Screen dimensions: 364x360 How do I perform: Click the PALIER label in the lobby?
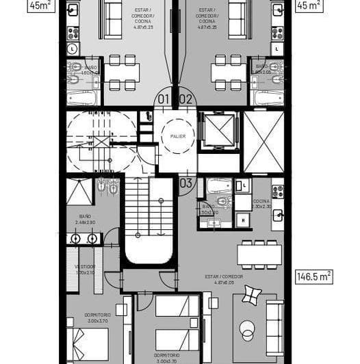pyautogui.click(x=178, y=137)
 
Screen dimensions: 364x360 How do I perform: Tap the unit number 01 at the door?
pyautogui.click(x=163, y=99)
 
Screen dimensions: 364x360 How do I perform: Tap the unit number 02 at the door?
pyautogui.click(x=185, y=99)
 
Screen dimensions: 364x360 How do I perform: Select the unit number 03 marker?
pyautogui.click(x=186, y=183)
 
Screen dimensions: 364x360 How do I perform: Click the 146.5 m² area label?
pyautogui.click(x=314, y=277)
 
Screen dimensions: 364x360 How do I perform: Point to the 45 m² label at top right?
pyautogui.click(x=310, y=6)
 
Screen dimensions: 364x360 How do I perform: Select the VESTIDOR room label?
pyautogui.click(x=86, y=270)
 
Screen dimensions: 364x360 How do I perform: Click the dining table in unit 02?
pyautogui.click(x=227, y=71)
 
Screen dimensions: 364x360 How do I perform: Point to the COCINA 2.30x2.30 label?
pyautogui.click(x=261, y=204)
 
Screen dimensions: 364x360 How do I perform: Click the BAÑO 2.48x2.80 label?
pyautogui.click(x=85, y=219)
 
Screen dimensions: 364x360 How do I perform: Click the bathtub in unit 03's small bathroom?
pyautogui.click(x=220, y=185)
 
